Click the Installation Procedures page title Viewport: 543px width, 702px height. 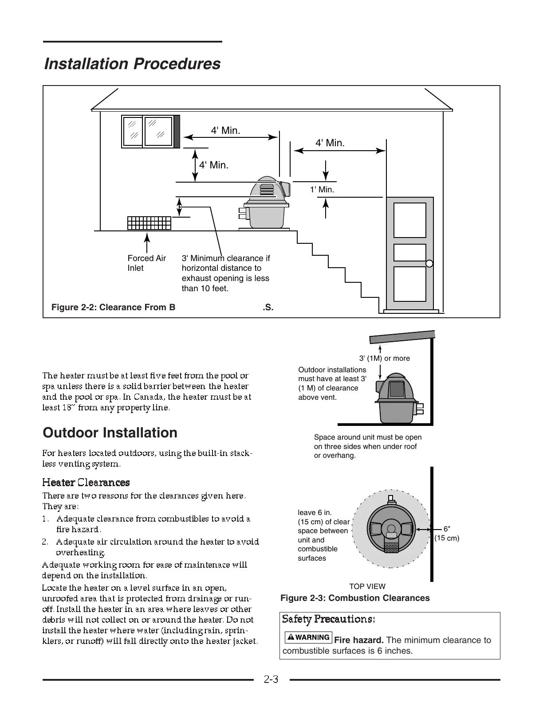(x=132, y=64)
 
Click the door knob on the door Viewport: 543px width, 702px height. (x=429, y=264)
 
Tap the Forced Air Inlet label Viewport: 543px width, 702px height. (x=146, y=263)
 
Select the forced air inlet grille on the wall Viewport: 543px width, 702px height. (x=149, y=223)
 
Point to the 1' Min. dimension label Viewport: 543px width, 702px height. (x=322, y=190)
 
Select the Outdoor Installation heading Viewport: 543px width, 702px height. (x=110, y=433)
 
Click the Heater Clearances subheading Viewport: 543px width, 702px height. (x=86, y=482)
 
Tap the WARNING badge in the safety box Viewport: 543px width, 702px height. (x=309, y=637)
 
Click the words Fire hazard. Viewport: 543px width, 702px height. (x=359, y=640)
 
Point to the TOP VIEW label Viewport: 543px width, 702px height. (x=367, y=586)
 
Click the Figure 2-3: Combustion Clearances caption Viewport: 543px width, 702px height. (x=355, y=598)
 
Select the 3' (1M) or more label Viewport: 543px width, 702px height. (x=384, y=358)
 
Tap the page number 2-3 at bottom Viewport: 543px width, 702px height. (x=271, y=679)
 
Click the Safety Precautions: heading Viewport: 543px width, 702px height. (x=329, y=619)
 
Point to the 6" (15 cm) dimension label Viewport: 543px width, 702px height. (x=447, y=534)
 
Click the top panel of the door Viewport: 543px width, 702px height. (x=410, y=220)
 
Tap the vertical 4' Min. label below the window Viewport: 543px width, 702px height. (x=213, y=165)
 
